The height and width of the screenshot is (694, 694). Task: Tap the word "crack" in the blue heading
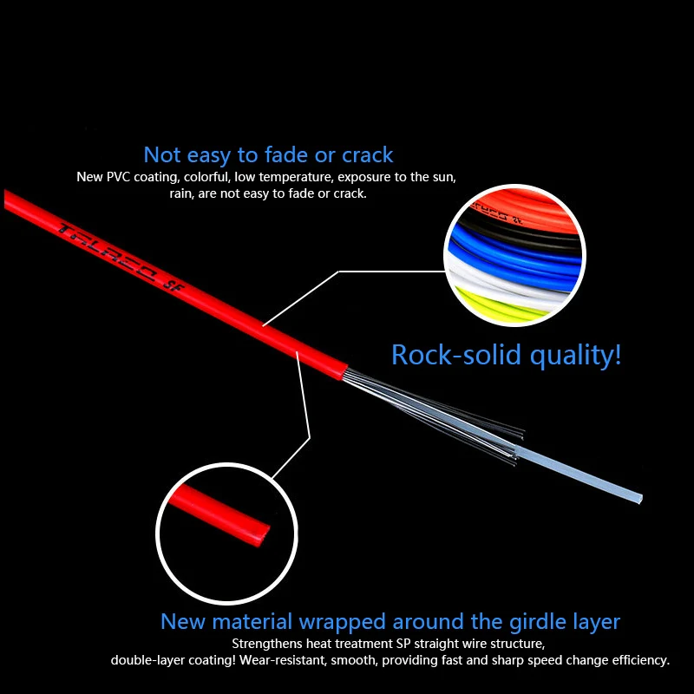click(x=368, y=155)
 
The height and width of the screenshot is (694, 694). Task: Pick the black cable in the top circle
click(x=520, y=227)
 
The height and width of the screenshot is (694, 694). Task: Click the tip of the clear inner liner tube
click(x=638, y=498)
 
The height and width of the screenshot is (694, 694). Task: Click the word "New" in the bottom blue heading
click(x=182, y=622)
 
